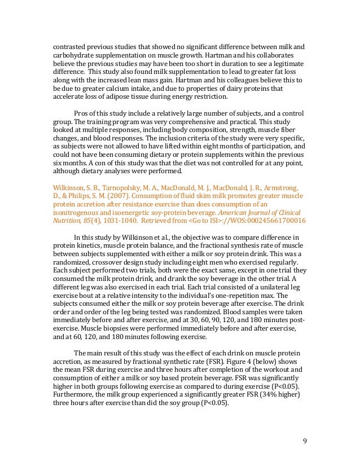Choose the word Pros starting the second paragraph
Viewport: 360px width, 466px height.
coord(82,113)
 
